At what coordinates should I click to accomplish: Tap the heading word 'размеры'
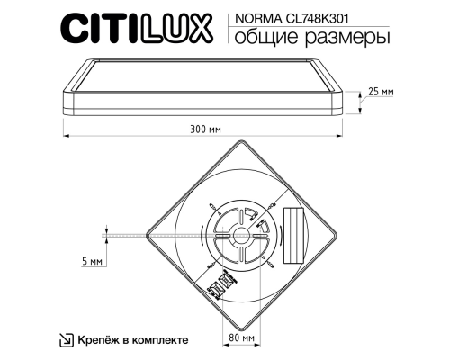click(332, 39)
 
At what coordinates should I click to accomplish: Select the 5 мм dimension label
click(90, 260)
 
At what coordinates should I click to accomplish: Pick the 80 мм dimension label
click(240, 338)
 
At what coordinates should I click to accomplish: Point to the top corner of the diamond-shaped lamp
click(240, 143)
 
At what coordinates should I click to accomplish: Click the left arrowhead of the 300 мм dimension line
click(65, 136)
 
